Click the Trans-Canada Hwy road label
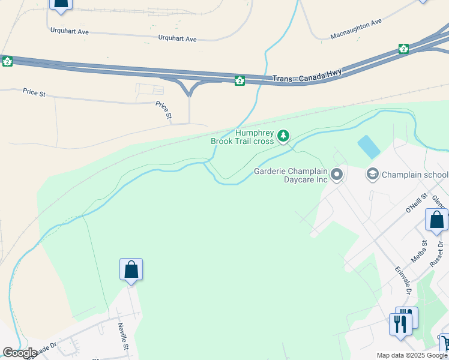click(307, 76)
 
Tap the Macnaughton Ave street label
click(356, 29)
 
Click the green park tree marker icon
click(284, 137)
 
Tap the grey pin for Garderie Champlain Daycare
click(337, 175)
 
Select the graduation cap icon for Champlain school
click(372, 175)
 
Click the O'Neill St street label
click(415, 203)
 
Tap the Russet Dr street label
click(436, 253)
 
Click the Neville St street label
click(123, 335)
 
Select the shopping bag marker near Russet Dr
click(436, 220)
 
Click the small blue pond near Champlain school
click(368, 146)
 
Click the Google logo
click(20, 352)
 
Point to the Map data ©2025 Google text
click(411, 355)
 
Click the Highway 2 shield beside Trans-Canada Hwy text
click(240, 80)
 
